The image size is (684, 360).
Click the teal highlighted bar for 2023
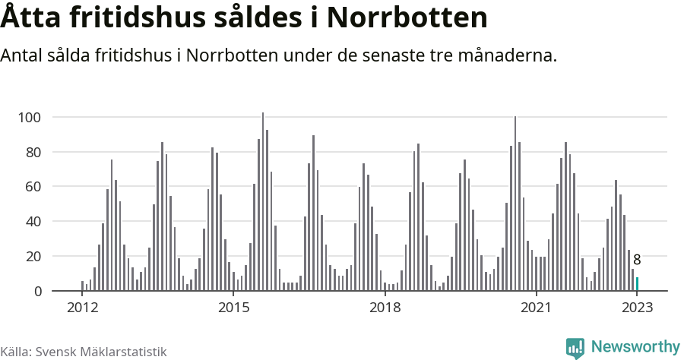pos(637,284)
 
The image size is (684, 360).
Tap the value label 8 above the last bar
pos(637,260)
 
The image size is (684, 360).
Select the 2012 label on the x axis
pos(82,308)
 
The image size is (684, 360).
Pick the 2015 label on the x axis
pos(233,308)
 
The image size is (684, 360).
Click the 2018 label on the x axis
pos(385,308)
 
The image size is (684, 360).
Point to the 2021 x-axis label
pos(536,308)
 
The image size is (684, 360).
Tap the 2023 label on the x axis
pos(637,308)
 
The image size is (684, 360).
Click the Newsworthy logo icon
pos(575,348)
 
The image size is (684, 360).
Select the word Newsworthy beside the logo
pos(635,347)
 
